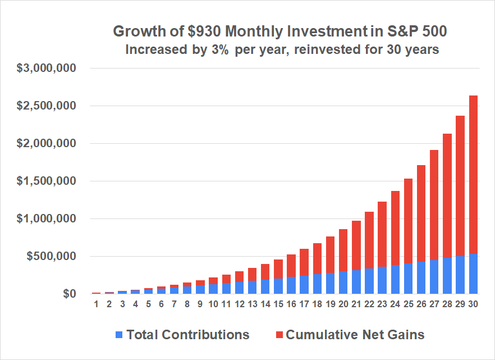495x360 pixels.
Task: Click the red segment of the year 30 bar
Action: pyautogui.click(x=473, y=174)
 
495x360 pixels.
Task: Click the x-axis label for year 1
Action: pyautogui.click(x=97, y=305)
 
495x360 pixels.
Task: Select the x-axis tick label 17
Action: pyautogui.click(x=304, y=305)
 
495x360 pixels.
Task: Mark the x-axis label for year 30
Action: pyautogui.click(x=473, y=305)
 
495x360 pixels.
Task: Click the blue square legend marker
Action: pyautogui.click(x=119, y=335)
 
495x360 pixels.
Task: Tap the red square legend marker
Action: pyautogui.click(x=278, y=335)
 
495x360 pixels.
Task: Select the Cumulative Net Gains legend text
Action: pyautogui.click(x=355, y=335)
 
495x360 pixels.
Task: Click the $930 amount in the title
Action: pyautogui.click(x=198, y=31)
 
